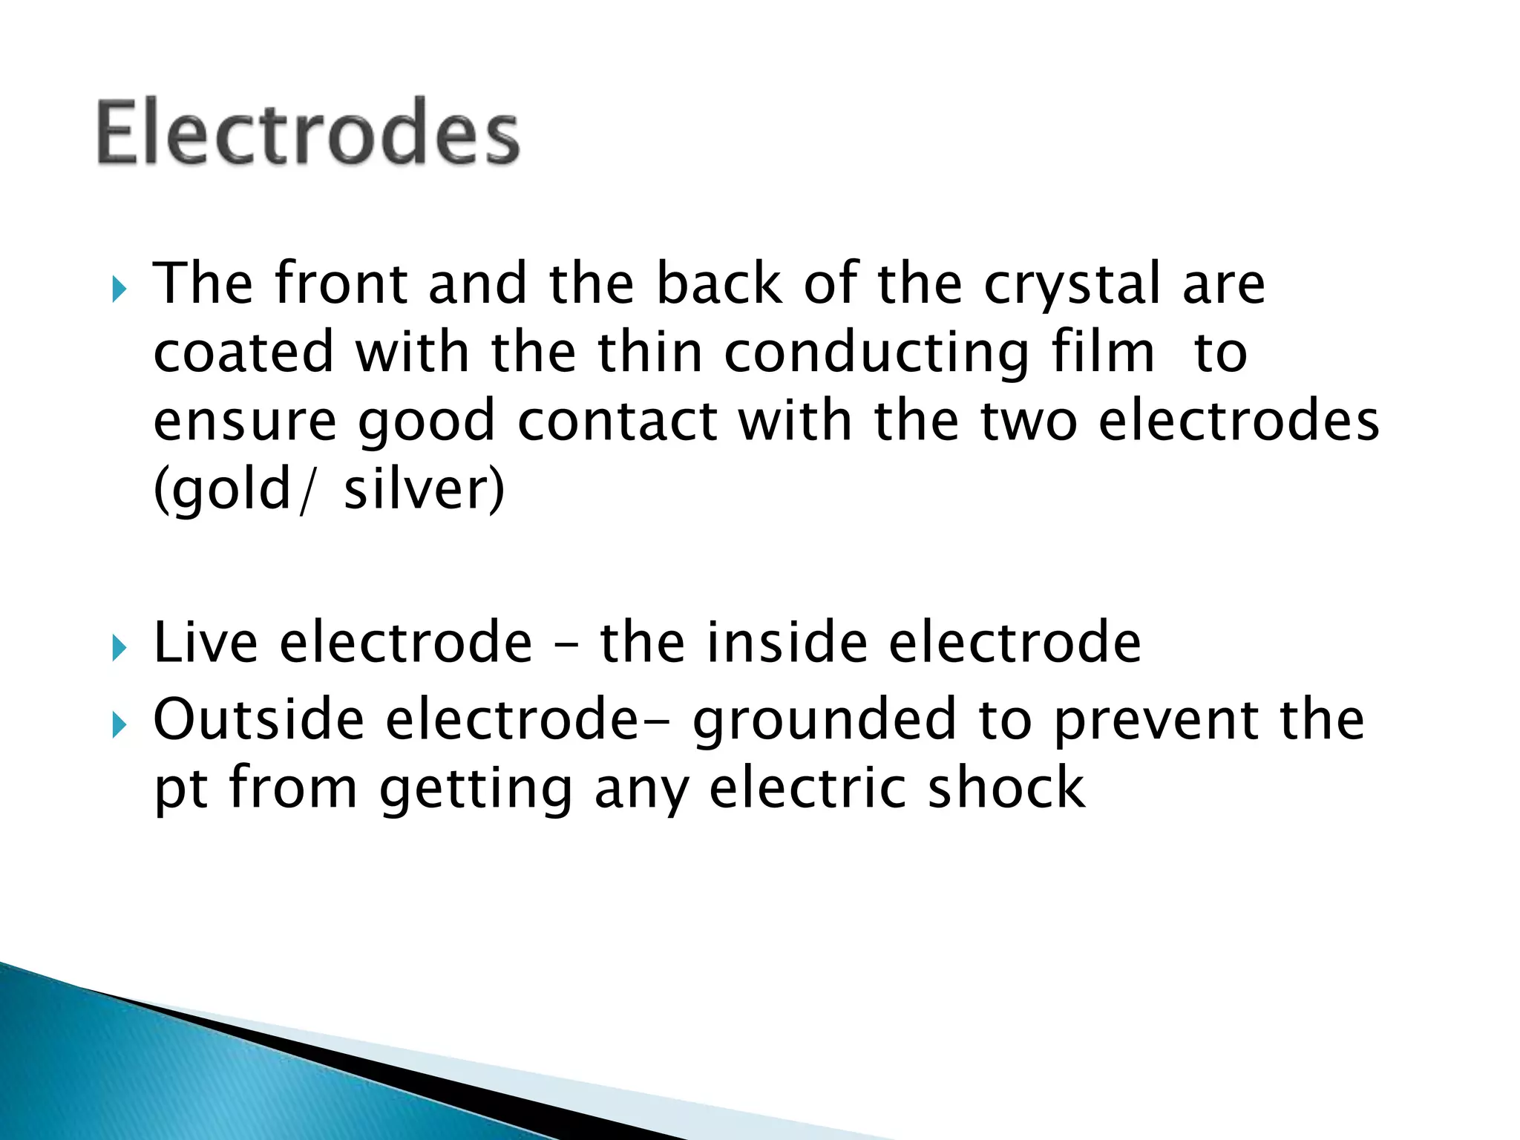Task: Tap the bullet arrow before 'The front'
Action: click(x=119, y=289)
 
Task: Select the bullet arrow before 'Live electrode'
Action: click(x=119, y=648)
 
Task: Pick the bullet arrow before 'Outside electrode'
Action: click(x=119, y=725)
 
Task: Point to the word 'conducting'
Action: click(x=877, y=354)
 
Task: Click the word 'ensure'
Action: click(x=245, y=422)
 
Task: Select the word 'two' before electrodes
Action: click(x=1029, y=421)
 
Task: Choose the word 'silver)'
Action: click(x=424, y=490)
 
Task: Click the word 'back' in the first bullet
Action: click(x=719, y=284)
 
